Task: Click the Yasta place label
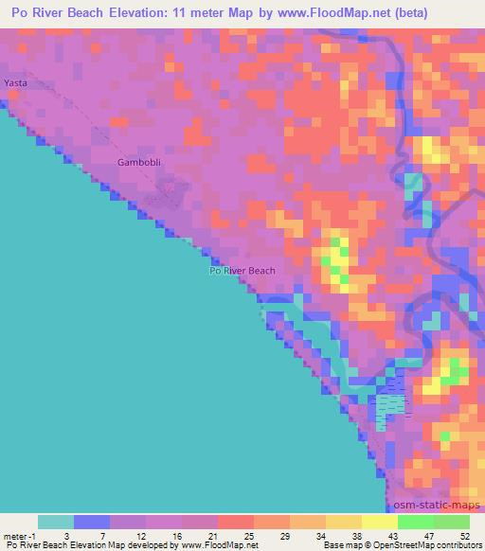pos(16,83)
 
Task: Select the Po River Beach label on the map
pos(242,271)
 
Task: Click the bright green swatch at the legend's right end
pos(451,522)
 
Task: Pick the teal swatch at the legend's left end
pos(55,522)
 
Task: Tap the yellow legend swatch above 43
pos(379,522)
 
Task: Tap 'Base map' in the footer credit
pos(336,546)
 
